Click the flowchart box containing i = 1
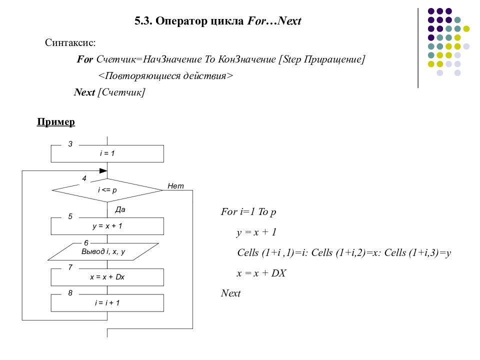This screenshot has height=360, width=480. pyautogui.click(x=107, y=153)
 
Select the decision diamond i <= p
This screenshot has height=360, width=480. pyautogui.click(x=107, y=190)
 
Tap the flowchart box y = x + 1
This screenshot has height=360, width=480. pyautogui.click(x=107, y=226)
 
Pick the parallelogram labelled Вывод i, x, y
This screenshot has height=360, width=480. pyautogui.click(x=103, y=251)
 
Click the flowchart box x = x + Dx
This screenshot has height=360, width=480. pyautogui.click(x=107, y=277)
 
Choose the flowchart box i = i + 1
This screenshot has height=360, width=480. pyautogui.click(x=107, y=303)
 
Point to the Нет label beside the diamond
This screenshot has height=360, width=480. pyautogui.click(x=175, y=186)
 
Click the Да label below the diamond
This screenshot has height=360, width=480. pyautogui.click(x=120, y=209)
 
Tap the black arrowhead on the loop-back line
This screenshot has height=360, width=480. pyautogui.click(x=103, y=171)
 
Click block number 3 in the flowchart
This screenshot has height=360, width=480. pyautogui.click(x=70, y=144)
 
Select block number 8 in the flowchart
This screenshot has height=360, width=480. pyautogui.click(x=70, y=293)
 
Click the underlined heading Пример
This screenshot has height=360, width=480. pyautogui.click(x=55, y=122)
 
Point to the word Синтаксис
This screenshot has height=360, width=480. pyautogui.click(x=70, y=42)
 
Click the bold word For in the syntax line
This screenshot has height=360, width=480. pyautogui.click(x=85, y=59)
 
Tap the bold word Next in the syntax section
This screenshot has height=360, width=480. pyautogui.click(x=84, y=92)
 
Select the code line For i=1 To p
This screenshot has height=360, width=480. pyautogui.click(x=248, y=212)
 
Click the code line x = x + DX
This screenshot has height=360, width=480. pyautogui.click(x=261, y=273)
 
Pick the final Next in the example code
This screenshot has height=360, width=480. pyautogui.click(x=230, y=293)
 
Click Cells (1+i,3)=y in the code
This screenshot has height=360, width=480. pyautogui.click(x=417, y=253)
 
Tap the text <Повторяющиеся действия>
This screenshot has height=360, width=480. pyautogui.click(x=165, y=75)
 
